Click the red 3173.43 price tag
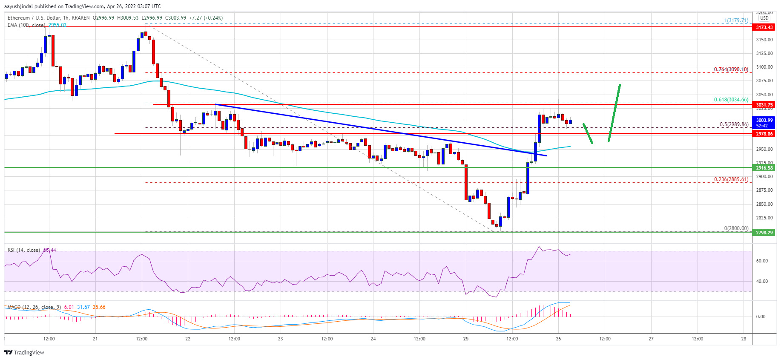[764, 27]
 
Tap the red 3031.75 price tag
[764, 105]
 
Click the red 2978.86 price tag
[764, 134]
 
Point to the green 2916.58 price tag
[764, 168]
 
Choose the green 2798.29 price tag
[764, 233]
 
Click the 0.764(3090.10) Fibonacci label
[731, 69]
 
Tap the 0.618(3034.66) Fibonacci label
[731, 100]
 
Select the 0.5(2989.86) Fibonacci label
[734, 124]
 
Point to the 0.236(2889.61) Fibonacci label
[731, 179]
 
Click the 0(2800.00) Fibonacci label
[736, 228]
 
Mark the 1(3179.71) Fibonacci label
[736, 20]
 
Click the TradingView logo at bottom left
[24, 352]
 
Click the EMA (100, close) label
[26, 25]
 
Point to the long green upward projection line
[614, 113]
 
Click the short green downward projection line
[588, 133]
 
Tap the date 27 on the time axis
[651, 339]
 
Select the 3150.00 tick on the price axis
[764, 40]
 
